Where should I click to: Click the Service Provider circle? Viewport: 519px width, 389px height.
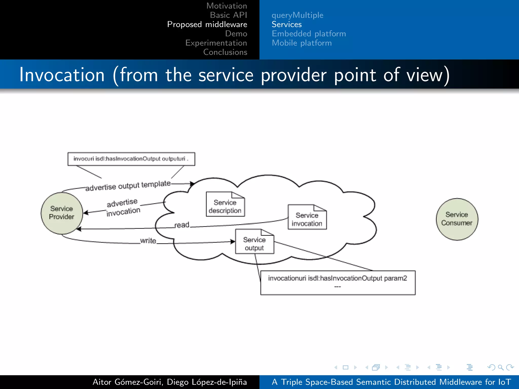(x=62, y=213)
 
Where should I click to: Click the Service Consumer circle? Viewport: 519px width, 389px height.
(x=457, y=219)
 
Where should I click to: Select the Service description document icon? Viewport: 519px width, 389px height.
(x=225, y=204)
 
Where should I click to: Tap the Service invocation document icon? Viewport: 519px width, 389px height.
(x=307, y=217)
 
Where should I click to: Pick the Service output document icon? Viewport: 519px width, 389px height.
(x=254, y=242)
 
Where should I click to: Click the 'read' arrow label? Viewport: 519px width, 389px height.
(x=182, y=225)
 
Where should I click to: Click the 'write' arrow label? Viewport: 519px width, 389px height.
(x=148, y=241)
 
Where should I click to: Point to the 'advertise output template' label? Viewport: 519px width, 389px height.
(x=128, y=186)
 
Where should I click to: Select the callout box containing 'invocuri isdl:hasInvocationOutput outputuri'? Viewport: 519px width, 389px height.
(x=131, y=159)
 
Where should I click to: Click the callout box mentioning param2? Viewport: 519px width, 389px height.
(x=338, y=283)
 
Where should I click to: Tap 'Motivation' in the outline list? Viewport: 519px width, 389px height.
(x=226, y=6)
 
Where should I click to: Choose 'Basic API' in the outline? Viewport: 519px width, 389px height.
(x=228, y=15)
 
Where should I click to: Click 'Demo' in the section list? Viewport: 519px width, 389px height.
(x=236, y=33)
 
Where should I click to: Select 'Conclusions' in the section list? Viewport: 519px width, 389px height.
(x=225, y=52)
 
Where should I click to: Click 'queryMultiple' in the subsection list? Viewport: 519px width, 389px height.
(x=297, y=15)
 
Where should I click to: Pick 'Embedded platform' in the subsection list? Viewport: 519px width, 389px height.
(x=308, y=33)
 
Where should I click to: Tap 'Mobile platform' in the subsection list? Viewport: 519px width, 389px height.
(x=301, y=43)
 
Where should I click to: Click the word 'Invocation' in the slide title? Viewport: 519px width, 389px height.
(x=62, y=75)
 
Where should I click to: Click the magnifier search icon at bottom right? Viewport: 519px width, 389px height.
(x=500, y=367)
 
